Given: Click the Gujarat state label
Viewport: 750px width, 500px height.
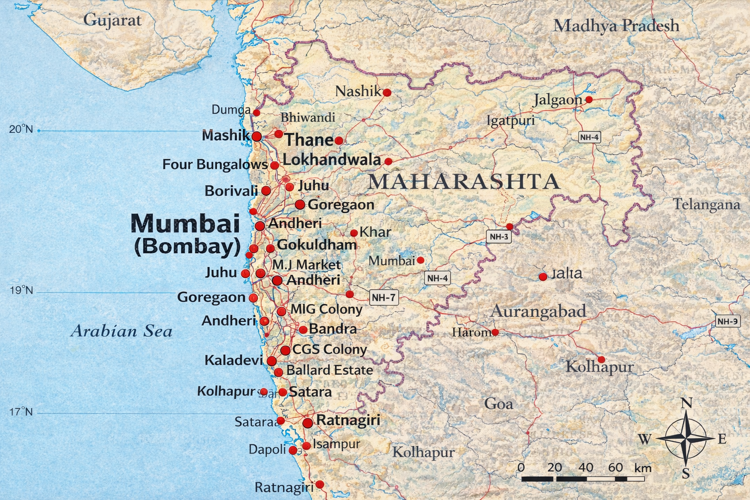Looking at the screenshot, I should click(x=112, y=20).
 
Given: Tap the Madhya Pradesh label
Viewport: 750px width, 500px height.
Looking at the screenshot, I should click(x=616, y=25).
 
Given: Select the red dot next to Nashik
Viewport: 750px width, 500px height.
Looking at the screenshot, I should click(x=387, y=92).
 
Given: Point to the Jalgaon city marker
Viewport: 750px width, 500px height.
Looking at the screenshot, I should click(x=589, y=100).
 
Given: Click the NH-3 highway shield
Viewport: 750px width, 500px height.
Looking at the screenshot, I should click(x=499, y=237).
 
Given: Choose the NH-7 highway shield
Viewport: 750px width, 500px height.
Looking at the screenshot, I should click(x=384, y=297).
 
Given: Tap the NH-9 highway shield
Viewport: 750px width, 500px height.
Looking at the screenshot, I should click(x=727, y=321).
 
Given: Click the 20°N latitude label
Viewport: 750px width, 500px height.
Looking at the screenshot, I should click(x=21, y=129).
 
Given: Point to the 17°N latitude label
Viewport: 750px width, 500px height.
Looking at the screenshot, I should click(x=21, y=412).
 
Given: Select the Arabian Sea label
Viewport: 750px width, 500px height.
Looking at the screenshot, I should click(x=122, y=332).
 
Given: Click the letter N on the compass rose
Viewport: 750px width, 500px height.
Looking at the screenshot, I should click(x=687, y=403).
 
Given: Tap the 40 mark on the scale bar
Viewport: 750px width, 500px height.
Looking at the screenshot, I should click(x=585, y=468).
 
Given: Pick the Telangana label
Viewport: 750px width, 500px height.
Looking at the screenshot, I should click(x=706, y=204).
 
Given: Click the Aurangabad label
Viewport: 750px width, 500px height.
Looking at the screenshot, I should click(x=538, y=312).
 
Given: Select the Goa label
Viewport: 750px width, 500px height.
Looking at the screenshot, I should click(x=499, y=404).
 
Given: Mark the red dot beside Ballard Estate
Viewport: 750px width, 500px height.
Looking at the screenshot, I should click(x=278, y=372).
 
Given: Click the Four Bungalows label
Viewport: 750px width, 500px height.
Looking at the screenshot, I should click(x=215, y=165).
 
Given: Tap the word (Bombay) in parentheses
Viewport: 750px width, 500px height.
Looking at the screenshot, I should click(x=187, y=246).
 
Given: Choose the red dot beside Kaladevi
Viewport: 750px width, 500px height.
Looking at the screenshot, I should click(x=271, y=361).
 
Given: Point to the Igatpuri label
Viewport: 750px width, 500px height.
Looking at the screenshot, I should click(x=511, y=121).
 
